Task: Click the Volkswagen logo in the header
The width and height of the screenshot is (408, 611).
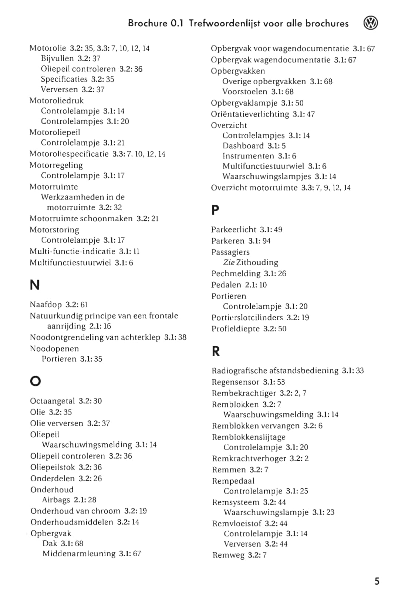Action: [371, 23]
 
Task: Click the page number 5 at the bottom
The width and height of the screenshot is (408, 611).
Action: [377, 581]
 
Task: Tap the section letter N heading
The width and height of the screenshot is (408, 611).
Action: [34, 285]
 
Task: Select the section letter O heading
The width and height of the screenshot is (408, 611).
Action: [35, 381]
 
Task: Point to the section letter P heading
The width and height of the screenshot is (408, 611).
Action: [215, 210]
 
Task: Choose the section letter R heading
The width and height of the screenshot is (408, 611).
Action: [216, 351]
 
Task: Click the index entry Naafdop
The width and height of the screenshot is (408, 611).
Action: [45, 304]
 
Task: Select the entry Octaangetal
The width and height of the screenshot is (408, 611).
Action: [52, 401]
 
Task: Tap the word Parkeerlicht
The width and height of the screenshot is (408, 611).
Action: [233, 229]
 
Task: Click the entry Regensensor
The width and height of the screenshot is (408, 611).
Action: [235, 382]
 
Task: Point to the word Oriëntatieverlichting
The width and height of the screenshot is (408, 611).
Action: [250, 114]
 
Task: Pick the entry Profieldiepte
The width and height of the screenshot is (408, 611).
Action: [235, 328]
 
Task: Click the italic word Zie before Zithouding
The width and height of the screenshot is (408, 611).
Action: [229, 262]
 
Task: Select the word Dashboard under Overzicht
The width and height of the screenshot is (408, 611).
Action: [243, 146]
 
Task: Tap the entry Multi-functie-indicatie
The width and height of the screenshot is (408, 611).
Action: [73, 251]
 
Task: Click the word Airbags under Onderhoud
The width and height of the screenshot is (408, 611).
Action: [56, 500]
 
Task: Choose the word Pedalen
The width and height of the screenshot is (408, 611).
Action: [226, 284]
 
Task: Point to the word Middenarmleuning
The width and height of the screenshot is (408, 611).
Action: [79, 553]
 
